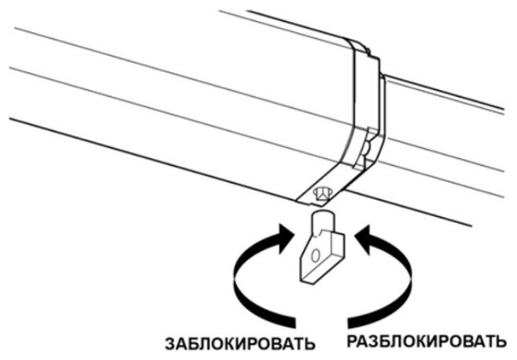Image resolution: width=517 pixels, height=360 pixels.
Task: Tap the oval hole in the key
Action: click(314, 255)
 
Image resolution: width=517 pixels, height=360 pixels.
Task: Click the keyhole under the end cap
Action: click(321, 192)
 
